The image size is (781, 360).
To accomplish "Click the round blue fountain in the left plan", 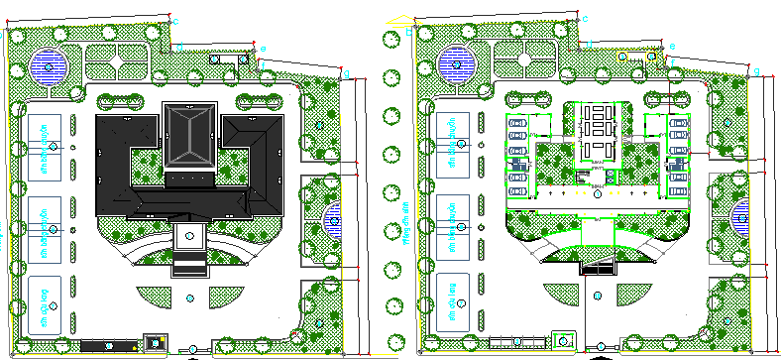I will [48, 66].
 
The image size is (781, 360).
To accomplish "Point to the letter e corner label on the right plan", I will [672, 46].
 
